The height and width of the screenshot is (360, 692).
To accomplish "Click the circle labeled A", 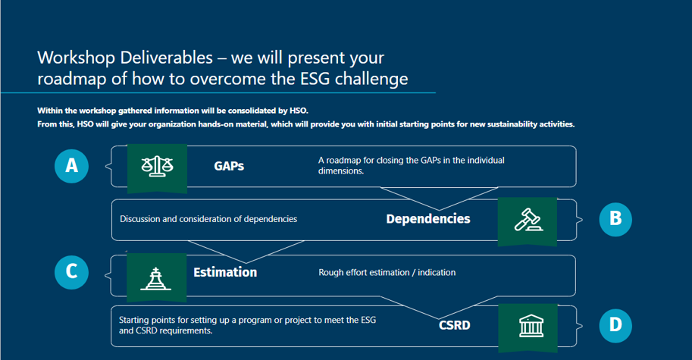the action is click(x=71, y=166).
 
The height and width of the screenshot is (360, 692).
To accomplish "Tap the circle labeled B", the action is click(x=615, y=219).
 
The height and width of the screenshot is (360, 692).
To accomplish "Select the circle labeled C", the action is click(x=71, y=272).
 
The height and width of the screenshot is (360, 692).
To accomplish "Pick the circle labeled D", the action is click(x=615, y=326).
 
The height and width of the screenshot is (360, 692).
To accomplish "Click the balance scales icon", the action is click(x=157, y=167).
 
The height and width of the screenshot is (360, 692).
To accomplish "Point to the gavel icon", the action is click(x=528, y=219).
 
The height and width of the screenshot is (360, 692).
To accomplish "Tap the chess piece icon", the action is click(x=156, y=278).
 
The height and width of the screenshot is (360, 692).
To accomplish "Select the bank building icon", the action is click(x=531, y=326).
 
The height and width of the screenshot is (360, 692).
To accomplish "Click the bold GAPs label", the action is click(x=229, y=166).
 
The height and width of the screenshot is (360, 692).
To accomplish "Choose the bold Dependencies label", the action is click(x=428, y=219).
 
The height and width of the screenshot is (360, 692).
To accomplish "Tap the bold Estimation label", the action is click(x=225, y=272).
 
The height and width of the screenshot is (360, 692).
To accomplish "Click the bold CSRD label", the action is click(x=455, y=326).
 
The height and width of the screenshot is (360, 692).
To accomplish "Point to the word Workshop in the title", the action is click(x=77, y=58).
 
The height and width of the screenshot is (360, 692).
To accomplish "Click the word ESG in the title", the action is click(x=315, y=79).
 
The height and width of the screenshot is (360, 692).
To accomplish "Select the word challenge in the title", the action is click(x=371, y=80).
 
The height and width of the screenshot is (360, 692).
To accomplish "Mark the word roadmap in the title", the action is click(x=72, y=80).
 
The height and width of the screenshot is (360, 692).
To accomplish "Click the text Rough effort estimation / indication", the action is click(x=387, y=273).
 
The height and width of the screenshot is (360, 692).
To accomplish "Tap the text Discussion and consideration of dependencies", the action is click(x=208, y=219).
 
